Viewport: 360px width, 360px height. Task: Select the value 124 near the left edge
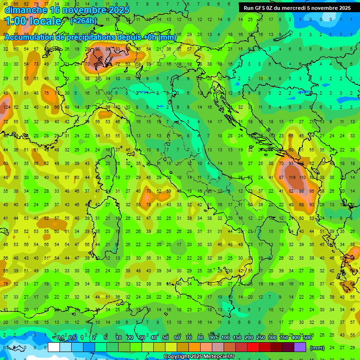(x=6, y=107)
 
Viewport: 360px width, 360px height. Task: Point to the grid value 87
(x=281, y=178)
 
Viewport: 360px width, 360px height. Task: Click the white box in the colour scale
(x=54, y=347)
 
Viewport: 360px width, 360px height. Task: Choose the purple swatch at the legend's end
(x=300, y=347)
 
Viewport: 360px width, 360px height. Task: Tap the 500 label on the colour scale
(x=307, y=338)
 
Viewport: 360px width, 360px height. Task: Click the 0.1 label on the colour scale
(x=60, y=338)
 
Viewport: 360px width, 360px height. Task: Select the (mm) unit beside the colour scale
(x=317, y=348)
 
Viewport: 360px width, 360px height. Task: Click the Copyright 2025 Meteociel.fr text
(x=199, y=357)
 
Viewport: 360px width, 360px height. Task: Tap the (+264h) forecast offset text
(x=83, y=21)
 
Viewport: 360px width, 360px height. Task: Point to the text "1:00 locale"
(x=33, y=21)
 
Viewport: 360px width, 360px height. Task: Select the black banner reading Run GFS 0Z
(x=297, y=8)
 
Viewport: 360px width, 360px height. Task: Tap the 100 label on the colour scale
(x=225, y=338)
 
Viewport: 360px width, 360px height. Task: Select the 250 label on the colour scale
(x=261, y=338)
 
